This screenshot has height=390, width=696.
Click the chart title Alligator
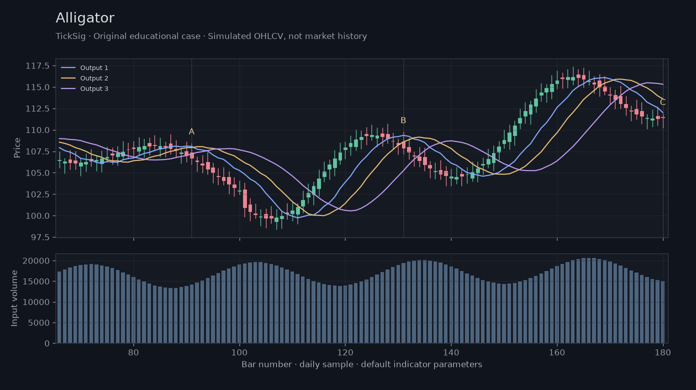(85, 18)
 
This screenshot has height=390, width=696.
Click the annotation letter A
(191, 132)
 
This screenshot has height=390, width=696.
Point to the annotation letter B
(403, 120)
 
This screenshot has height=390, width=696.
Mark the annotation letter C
(662, 102)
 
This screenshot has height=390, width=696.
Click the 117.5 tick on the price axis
(37, 66)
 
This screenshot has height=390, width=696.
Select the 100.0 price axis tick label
(37, 215)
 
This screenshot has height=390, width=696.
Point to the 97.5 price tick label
(40, 237)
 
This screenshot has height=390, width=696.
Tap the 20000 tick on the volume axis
(36, 260)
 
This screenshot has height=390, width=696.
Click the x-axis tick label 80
(133, 352)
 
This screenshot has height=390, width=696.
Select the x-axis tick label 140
(451, 352)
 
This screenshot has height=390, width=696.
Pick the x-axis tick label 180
(663, 352)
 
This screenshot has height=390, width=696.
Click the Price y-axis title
(17, 148)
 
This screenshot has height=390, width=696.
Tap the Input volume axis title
(14, 298)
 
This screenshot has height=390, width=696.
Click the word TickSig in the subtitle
(70, 36)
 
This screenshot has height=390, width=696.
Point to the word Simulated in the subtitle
(229, 36)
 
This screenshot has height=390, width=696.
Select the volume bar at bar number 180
(663, 312)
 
